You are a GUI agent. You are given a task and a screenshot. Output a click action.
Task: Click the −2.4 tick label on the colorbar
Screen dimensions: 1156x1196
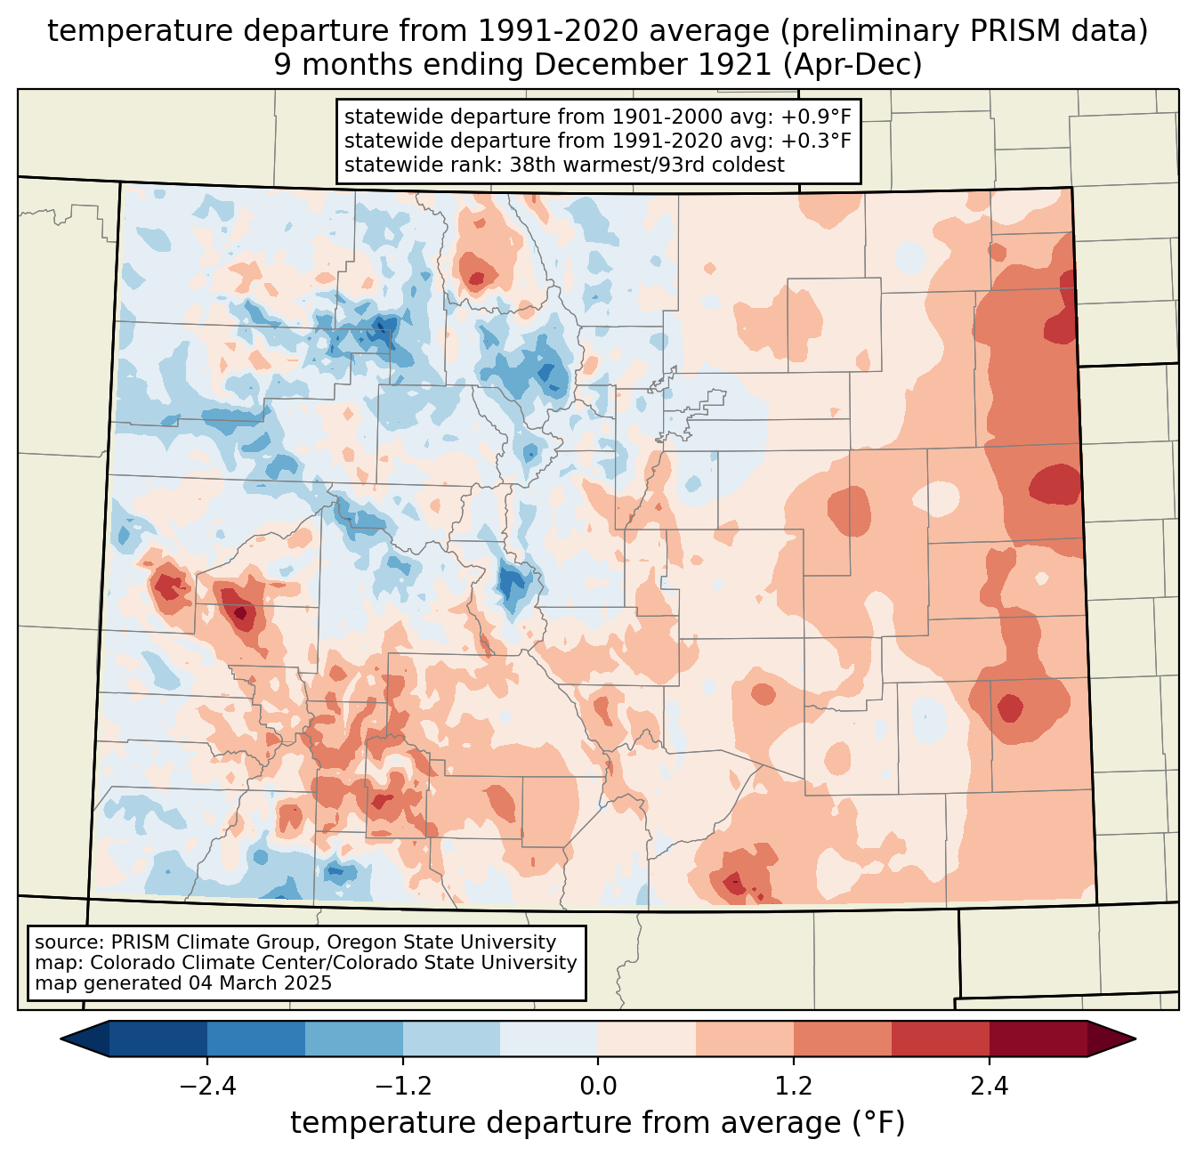coord(207,1087)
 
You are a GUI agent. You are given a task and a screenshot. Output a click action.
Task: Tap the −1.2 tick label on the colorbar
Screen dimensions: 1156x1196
coord(403,1087)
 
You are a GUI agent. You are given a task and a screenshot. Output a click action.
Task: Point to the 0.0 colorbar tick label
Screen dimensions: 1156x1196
coord(598,1087)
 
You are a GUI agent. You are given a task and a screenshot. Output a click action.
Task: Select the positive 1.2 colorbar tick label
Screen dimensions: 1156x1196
coord(794,1087)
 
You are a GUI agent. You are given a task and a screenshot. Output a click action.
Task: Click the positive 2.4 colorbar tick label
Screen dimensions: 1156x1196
coord(990,1087)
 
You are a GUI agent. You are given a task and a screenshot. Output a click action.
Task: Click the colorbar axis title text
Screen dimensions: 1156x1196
coord(598,1124)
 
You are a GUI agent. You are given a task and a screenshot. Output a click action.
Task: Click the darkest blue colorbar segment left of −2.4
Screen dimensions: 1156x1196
coord(158,1039)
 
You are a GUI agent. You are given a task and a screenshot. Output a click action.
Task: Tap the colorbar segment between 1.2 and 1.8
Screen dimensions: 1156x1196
coord(843,1039)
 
